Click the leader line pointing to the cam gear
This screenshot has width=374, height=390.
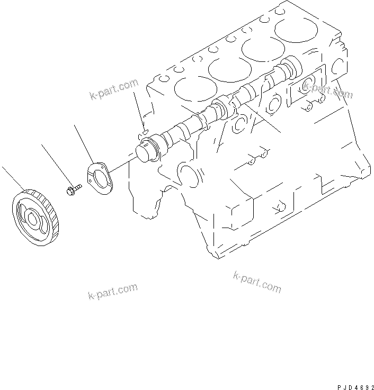point(13,178)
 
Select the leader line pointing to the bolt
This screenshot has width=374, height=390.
point(56,165)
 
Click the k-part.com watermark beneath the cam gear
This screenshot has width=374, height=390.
point(113,291)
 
